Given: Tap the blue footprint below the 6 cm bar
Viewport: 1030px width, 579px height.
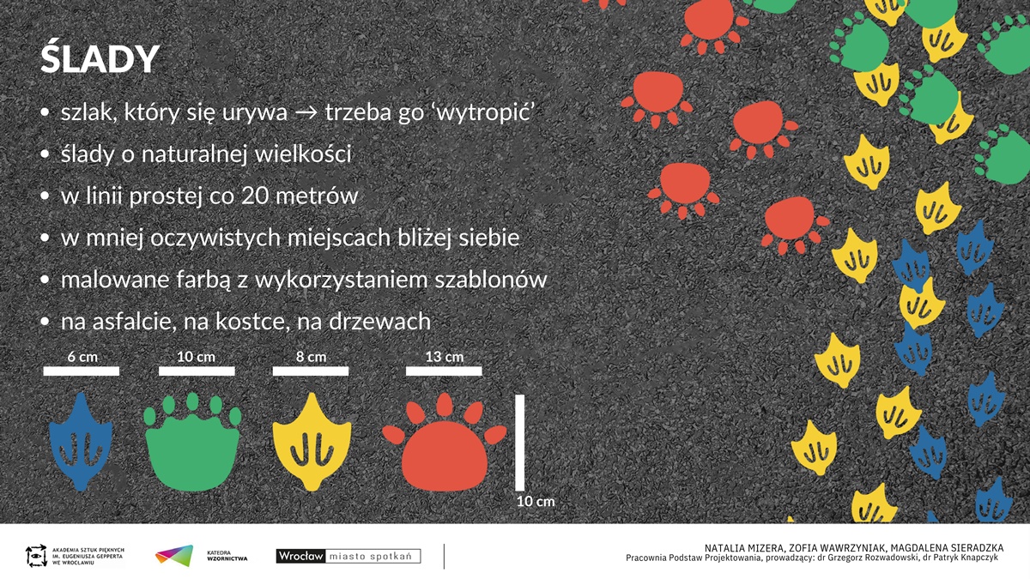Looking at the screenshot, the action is (81, 442).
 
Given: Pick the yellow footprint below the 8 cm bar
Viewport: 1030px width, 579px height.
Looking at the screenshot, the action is (312, 442).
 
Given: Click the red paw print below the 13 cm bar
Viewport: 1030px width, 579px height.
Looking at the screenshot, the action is (445, 442).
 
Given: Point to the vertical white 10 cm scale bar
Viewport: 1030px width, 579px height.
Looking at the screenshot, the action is (519, 443).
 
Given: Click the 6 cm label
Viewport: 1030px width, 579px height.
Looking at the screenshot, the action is (82, 357).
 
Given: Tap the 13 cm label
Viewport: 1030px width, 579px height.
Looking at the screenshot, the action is (445, 357).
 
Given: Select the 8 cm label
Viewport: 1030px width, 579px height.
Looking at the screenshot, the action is (311, 357).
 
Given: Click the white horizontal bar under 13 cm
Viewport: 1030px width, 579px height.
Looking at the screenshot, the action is (444, 371).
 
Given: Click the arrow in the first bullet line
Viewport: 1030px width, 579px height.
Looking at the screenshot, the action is (306, 112).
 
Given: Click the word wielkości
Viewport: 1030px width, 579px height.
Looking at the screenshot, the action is (303, 154).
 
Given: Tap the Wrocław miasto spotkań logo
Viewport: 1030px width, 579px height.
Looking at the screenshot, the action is (348, 556).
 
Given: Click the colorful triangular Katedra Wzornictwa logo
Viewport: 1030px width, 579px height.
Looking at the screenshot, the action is (174, 556).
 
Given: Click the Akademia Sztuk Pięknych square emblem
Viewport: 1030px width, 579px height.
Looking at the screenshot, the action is (36, 556).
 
